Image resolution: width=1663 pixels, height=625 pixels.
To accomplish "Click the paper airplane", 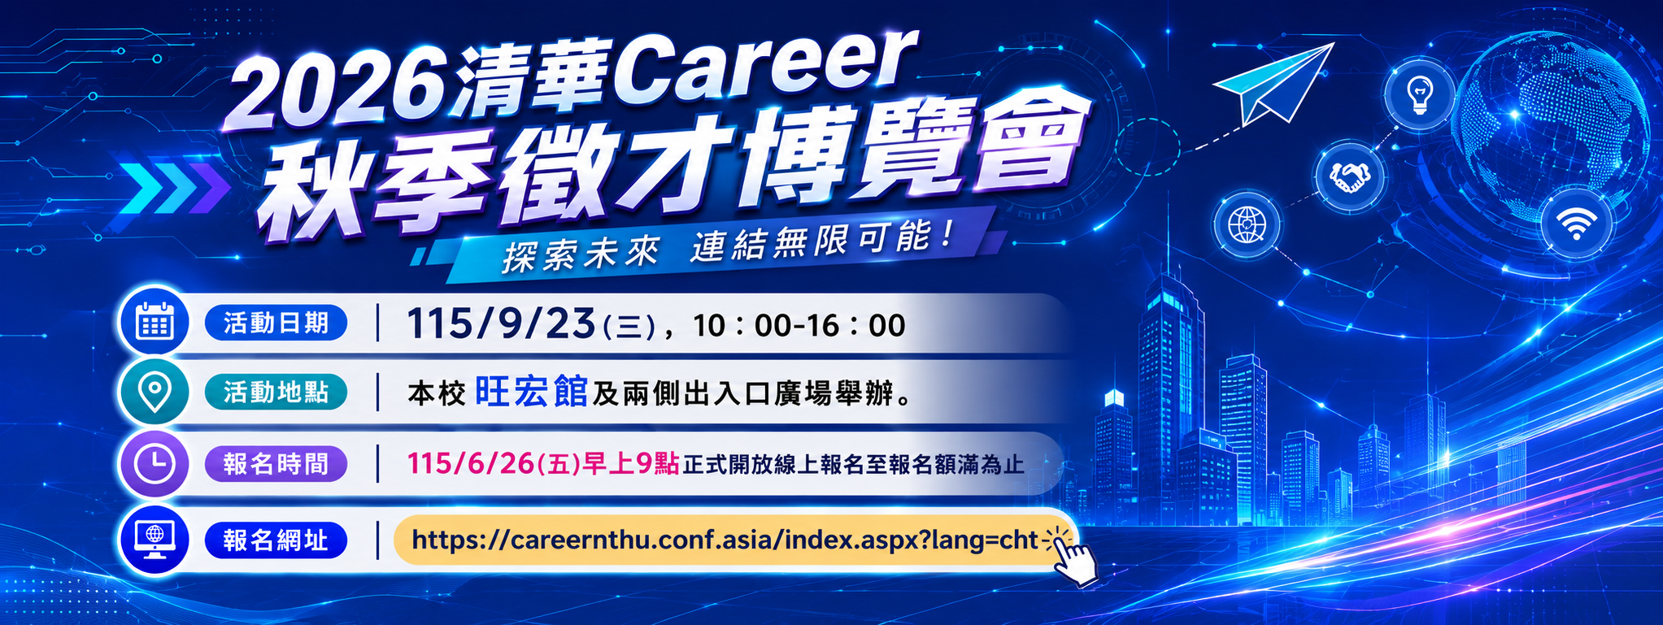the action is [x=1272, y=83].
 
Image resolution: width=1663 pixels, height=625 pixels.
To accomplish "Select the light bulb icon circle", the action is [x=1419, y=93].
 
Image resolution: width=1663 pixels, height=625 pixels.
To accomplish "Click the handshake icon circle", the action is [x=1349, y=176].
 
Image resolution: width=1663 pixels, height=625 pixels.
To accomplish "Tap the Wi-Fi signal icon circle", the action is [x=1576, y=222].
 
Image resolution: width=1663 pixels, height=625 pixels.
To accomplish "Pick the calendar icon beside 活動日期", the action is [x=155, y=322].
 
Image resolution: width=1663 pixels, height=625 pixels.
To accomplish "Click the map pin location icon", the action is [x=155, y=393].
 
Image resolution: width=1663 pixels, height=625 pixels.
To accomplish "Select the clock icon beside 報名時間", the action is [x=155, y=464].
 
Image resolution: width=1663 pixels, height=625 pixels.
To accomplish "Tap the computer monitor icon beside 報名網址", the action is [x=155, y=540].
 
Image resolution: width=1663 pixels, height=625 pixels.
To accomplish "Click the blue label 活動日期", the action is [x=276, y=323].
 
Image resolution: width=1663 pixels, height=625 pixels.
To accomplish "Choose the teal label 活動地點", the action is [x=276, y=393].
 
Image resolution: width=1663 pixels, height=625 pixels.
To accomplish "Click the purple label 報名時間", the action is [x=276, y=464].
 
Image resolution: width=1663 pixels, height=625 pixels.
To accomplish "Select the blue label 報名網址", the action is [x=276, y=540].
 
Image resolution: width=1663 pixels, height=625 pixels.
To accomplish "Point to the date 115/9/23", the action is [x=502, y=324].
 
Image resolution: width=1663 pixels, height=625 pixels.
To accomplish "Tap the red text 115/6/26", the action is [x=471, y=463].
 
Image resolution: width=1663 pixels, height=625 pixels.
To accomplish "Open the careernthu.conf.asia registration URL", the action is [x=725, y=540].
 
